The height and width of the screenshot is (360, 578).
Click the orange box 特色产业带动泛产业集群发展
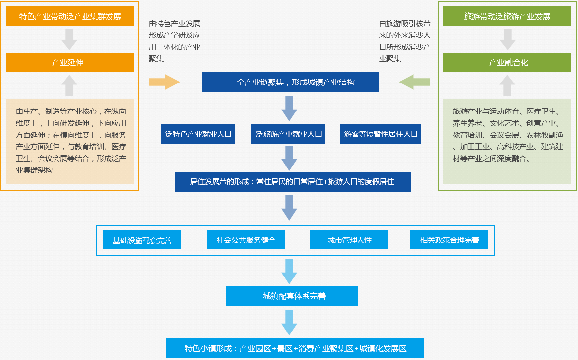click(x=70, y=17)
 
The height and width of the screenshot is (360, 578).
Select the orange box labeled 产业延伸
click(x=70, y=63)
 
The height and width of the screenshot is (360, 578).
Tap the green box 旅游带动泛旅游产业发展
click(x=507, y=17)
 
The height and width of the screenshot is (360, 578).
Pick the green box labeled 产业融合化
click(x=507, y=63)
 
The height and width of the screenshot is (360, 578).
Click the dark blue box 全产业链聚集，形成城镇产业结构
click(x=290, y=82)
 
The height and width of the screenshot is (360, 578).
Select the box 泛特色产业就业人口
click(x=198, y=134)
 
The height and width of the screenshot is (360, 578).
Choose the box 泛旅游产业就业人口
click(x=288, y=134)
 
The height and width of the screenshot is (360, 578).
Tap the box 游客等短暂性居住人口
click(x=380, y=134)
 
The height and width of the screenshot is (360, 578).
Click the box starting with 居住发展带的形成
click(x=292, y=182)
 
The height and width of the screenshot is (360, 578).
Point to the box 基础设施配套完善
click(x=142, y=240)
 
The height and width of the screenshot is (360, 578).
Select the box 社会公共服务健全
click(x=246, y=240)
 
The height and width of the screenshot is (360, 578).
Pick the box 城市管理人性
click(x=349, y=240)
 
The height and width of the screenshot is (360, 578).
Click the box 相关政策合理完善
click(x=449, y=240)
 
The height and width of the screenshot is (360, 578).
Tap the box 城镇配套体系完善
click(x=292, y=296)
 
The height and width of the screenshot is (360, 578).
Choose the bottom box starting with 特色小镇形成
click(x=295, y=348)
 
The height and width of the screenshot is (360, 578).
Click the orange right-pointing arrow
click(x=164, y=82)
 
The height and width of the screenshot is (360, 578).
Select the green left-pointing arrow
click(x=415, y=82)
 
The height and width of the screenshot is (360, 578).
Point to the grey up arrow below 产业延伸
click(x=69, y=85)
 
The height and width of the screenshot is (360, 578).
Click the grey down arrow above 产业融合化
click(x=507, y=39)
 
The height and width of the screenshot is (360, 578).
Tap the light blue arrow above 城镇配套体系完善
click(x=289, y=271)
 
